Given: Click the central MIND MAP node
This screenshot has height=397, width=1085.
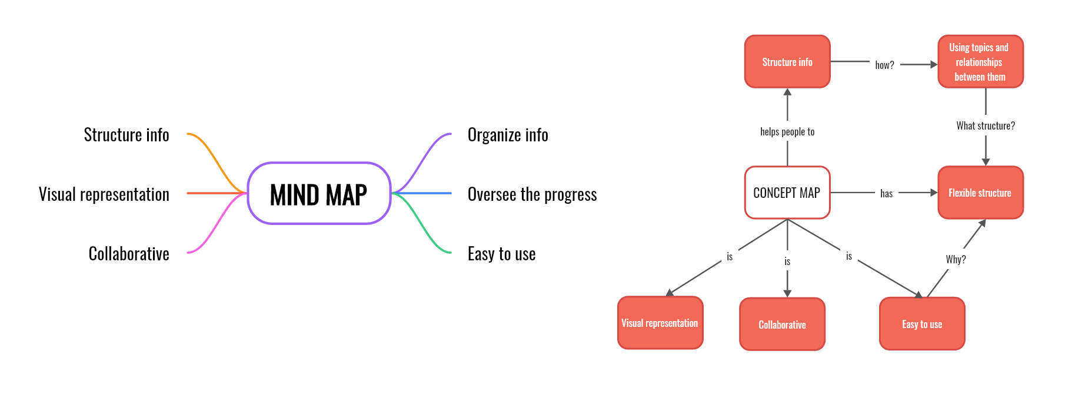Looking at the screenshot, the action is tap(319, 193).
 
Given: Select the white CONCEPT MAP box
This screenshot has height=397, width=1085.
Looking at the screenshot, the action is tap(787, 193).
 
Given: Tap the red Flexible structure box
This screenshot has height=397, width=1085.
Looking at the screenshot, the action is tap(980, 193).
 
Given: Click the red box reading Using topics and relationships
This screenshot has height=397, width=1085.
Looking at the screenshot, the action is tap(980, 62).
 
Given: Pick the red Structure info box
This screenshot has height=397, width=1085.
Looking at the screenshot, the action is tap(787, 62).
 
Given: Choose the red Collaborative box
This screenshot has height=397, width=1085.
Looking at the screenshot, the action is tap(783, 324).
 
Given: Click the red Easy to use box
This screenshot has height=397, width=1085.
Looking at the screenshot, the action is tap(922, 324).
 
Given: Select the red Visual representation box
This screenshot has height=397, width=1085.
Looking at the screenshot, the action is tap(660, 323).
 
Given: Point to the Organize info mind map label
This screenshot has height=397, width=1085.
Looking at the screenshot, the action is tap(508, 135).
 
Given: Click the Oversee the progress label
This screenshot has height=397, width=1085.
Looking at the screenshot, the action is tap(532, 194).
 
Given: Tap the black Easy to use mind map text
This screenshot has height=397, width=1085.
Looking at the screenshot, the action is tap(501, 254).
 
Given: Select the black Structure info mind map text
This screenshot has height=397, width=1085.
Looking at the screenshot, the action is tap(127, 135).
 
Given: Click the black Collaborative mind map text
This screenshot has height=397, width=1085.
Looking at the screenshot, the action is tap(129, 254).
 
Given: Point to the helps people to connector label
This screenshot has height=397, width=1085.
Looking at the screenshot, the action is tap(787, 132).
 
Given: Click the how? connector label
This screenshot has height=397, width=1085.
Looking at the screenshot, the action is tap(884, 65).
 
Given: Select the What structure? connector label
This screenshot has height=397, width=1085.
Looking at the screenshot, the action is tap(986, 125).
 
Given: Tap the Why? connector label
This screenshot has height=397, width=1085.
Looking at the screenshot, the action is tap(956, 259).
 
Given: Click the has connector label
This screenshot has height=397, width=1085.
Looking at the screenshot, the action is tap(886, 193).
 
